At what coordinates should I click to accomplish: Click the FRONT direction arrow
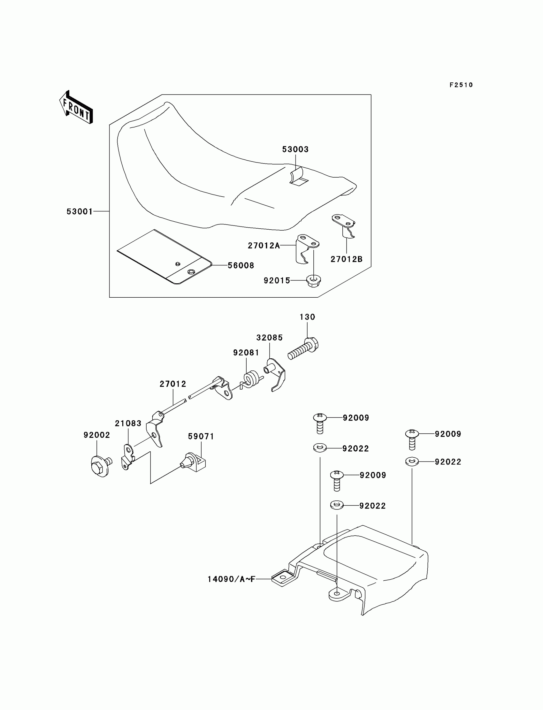[76, 108]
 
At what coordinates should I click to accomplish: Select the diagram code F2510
[461, 85]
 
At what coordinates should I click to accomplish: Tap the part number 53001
[80, 211]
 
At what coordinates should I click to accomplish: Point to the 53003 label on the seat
[295, 149]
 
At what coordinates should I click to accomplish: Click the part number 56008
[241, 265]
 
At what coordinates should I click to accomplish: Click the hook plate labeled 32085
[276, 374]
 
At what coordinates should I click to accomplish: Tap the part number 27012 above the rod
[172, 384]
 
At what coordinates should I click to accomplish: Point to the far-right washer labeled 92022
[412, 462]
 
